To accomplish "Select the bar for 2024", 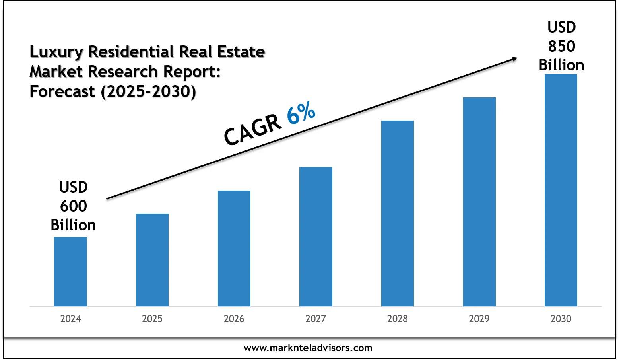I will point(70,272).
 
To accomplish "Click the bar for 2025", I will point(152,260).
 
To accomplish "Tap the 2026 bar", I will point(234,248).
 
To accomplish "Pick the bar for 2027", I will point(316,237).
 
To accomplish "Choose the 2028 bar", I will point(398,213).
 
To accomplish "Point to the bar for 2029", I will point(479,202).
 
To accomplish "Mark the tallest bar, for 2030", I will point(561,190).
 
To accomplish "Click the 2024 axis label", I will point(70,319).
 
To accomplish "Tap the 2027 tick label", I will point(316,319).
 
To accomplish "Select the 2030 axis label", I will point(561,319).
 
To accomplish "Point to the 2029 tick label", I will point(479,319).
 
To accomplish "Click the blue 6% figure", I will point(301,113).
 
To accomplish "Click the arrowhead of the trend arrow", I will point(514,59).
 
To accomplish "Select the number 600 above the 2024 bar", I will point(74,206).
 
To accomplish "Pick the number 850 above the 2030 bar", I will point(561,47).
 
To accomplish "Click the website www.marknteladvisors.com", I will point(308,348).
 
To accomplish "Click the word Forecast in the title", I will point(62,91).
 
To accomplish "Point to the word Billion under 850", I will point(561,65).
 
